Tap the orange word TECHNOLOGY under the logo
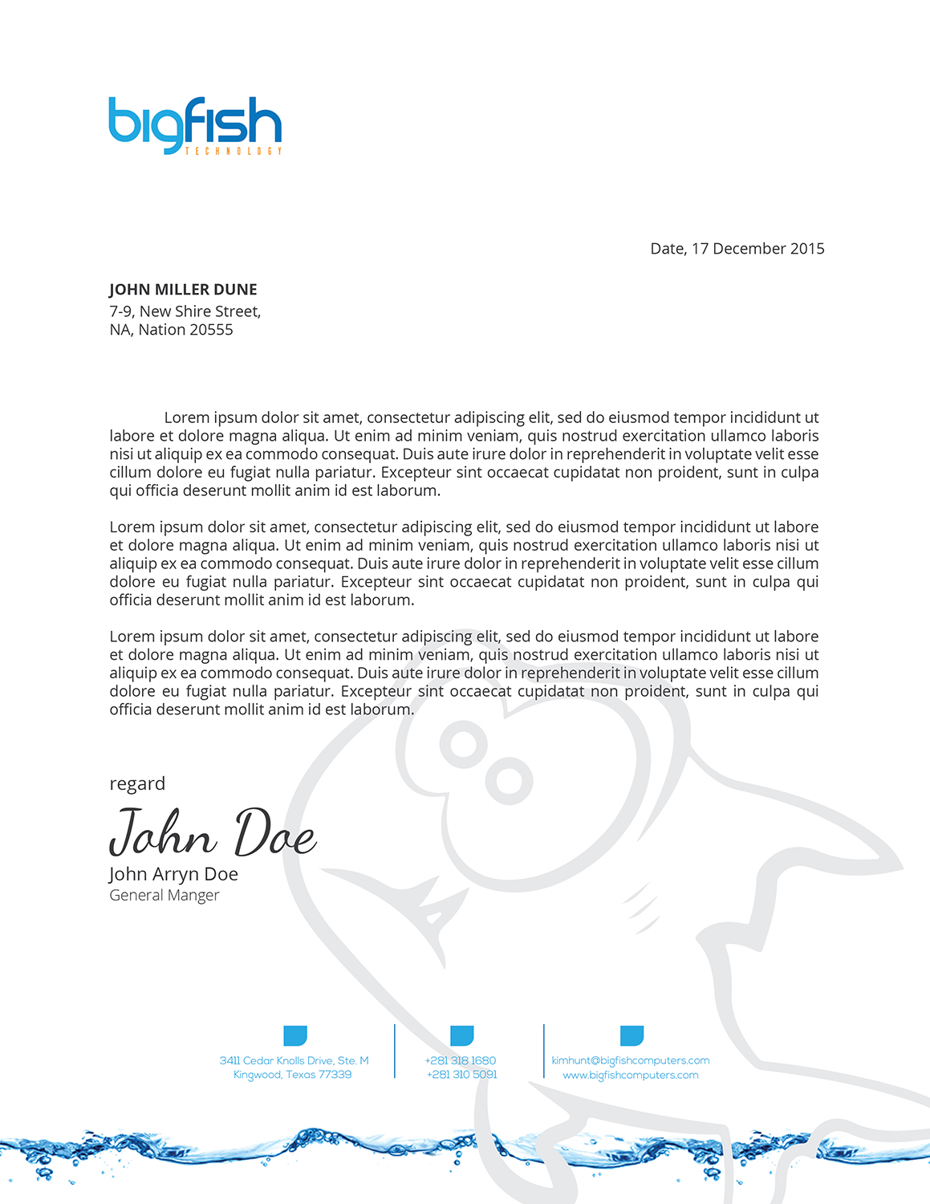pos(234,151)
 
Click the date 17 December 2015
pos(757,249)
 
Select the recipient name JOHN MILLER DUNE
pos(183,290)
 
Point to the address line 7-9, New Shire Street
pos(185,311)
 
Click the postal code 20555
pos(211,330)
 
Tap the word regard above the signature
pos(137,783)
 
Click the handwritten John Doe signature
pos(213,832)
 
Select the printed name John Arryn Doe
pos(173,874)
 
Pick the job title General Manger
pos(164,895)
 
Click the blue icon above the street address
pos(295,1035)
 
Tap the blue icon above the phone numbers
pos(461,1035)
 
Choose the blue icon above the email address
pos(632,1035)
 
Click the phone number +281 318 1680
pos(461,1060)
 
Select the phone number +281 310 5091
pos(461,1075)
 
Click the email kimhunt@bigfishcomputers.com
pos(631,1060)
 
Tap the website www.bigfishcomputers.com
pos(631,1075)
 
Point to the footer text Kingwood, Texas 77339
pos(292,1075)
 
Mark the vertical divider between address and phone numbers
pos(395,1051)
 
